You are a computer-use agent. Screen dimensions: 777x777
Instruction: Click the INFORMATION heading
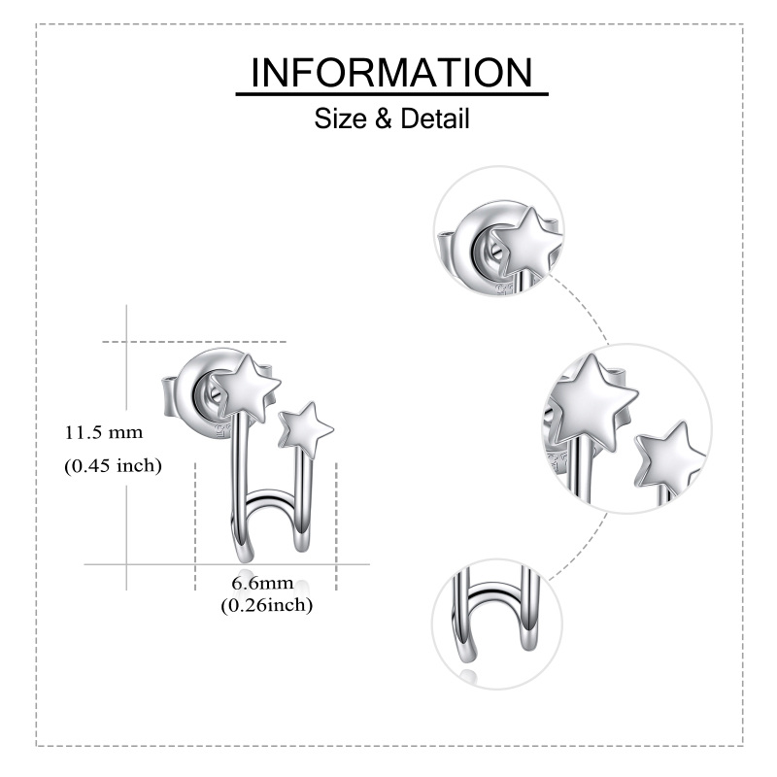tap(391, 72)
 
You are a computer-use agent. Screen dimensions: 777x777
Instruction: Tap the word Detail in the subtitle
tap(434, 118)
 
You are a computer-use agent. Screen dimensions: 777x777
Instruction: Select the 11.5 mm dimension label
tap(104, 432)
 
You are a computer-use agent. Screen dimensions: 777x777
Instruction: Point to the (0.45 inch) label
tap(113, 466)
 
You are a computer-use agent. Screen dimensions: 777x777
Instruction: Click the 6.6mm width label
tap(262, 583)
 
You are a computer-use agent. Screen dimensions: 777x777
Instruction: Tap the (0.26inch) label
tap(266, 605)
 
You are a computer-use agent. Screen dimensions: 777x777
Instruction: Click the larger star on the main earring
tap(245, 388)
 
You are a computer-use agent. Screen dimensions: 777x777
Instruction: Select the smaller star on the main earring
tap(305, 429)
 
